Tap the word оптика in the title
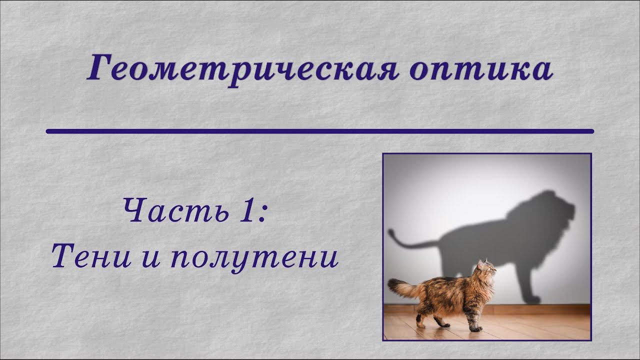[480, 70]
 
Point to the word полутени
[254, 258]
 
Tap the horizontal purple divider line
[320, 131]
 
